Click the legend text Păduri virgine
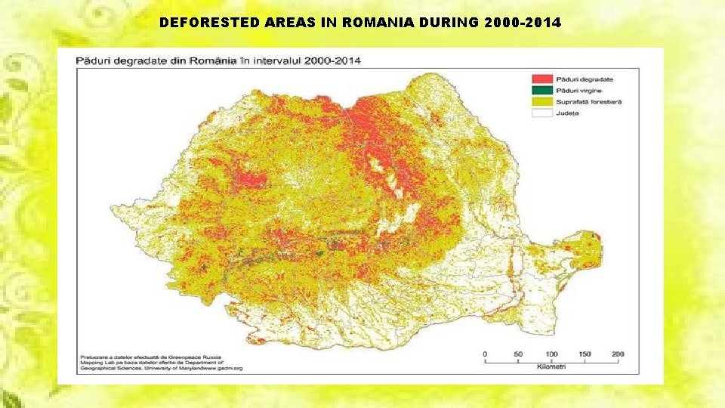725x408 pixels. (x=579, y=90)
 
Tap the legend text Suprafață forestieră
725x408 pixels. (x=589, y=101)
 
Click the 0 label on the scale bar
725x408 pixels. (x=485, y=354)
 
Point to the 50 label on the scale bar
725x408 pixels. (x=518, y=354)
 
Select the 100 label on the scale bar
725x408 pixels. (x=551, y=354)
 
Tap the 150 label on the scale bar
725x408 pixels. (x=585, y=354)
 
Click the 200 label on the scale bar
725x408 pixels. (x=618, y=354)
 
